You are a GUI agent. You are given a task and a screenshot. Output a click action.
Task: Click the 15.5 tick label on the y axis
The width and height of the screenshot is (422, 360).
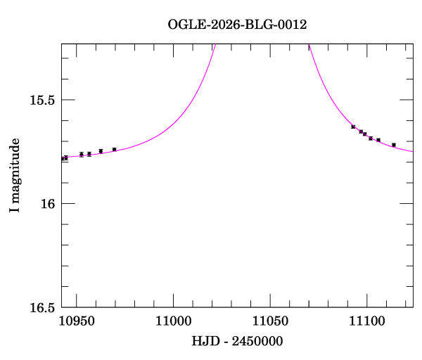[x=41, y=100]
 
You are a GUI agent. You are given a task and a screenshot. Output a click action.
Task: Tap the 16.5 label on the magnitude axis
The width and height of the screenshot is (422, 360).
[x=41, y=307]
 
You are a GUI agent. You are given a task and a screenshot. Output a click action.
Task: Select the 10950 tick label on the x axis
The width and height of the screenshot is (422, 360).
[x=77, y=321]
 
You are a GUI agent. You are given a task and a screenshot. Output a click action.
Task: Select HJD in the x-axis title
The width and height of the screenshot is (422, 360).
[x=204, y=342]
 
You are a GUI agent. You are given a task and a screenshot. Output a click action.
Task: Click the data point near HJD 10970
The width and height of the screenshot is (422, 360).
[x=114, y=149]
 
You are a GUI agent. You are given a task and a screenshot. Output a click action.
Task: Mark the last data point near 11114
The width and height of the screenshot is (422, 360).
[x=393, y=145]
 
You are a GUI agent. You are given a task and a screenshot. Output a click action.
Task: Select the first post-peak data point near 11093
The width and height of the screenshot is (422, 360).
[x=353, y=127]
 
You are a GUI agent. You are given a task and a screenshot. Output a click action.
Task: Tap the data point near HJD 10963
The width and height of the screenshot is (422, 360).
[x=101, y=151]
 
